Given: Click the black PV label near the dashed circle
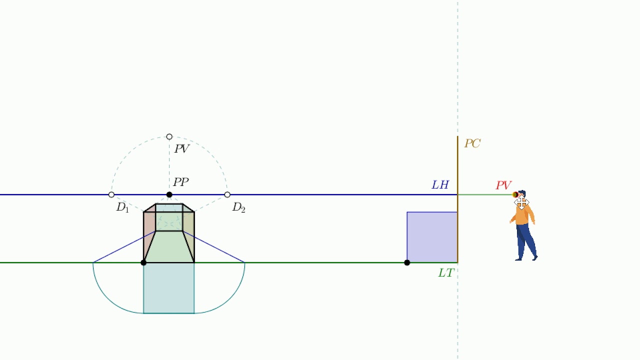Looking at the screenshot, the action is [181, 148].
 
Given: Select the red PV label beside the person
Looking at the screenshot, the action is [503, 185].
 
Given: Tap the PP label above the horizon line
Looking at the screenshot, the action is [181, 182].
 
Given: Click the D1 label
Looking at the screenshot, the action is [122, 207].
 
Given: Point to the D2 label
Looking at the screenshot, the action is [238, 207].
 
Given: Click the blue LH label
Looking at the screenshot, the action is [440, 185].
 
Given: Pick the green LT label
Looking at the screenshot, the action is [446, 273].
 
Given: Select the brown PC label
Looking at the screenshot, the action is [472, 143].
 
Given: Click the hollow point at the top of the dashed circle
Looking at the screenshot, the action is [169, 137].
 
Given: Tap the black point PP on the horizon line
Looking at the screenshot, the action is [169, 195].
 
